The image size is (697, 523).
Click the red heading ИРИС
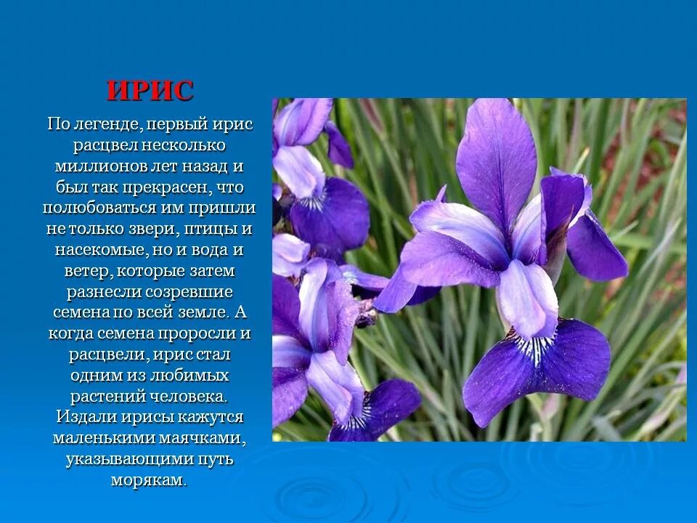pyautogui.click(x=150, y=91)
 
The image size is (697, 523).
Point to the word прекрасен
pyautogui.click(x=169, y=187)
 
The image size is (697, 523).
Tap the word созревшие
pyautogui.click(x=192, y=292)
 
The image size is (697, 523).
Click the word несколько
pyautogui.click(x=189, y=145)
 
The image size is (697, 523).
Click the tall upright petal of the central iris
pyautogui.click(x=497, y=160)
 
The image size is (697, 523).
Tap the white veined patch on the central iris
pyautogui.click(x=534, y=347)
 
